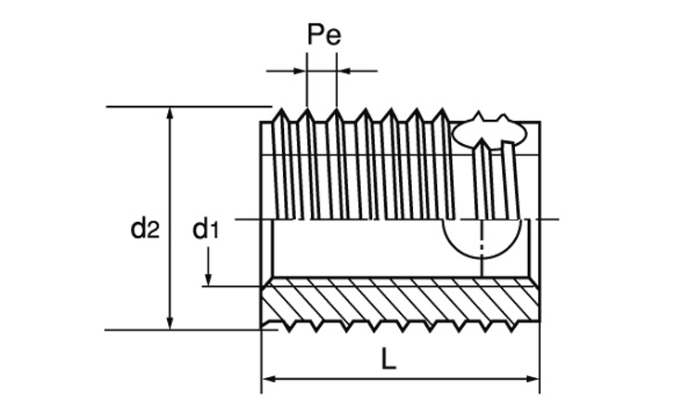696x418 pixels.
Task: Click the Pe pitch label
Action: [x=323, y=36]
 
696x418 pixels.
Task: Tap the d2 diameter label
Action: [x=145, y=227]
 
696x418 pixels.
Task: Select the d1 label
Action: [x=205, y=227]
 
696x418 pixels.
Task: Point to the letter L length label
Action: [x=389, y=359]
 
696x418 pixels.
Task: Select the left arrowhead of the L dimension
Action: [x=267, y=379]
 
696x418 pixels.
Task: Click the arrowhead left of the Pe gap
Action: [x=300, y=69]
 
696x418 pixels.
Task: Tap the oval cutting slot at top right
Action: [x=489, y=133]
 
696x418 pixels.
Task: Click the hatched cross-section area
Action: [x=399, y=303]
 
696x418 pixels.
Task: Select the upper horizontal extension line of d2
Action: [x=186, y=107]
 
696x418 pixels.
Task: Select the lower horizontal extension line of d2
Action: [x=186, y=329]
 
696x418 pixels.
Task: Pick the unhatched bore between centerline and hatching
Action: [x=353, y=251]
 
